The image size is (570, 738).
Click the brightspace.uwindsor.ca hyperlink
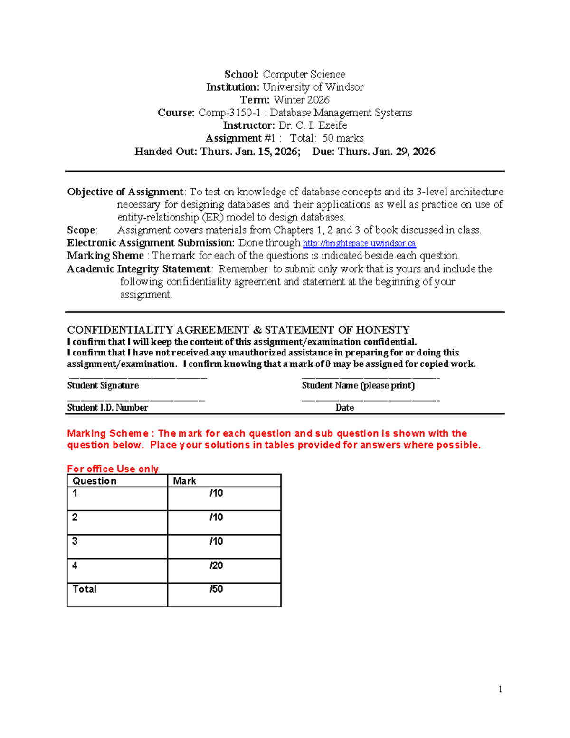pyautogui.click(x=359, y=243)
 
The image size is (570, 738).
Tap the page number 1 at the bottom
pyautogui.click(x=500, y=689)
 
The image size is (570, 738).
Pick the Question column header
pyautogui.click(x=95, y=481)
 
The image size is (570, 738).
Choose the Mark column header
pyautogui.click(x=184, y=481)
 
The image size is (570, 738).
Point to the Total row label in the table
pyautogui.click(x=85, y=589)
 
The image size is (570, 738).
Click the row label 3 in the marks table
pyautogui.click(x=75, y=541)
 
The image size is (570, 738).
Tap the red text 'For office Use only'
pyautogui.click(x=113, y=469)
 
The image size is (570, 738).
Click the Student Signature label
pyautogui.click(x=103, y=385)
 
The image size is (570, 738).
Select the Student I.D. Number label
pyautogui.click(x=107, y=407)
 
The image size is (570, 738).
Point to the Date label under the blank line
pyautogui.click(x=344, y=407)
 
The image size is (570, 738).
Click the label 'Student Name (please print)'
pyautogui.click(x=358, y=385)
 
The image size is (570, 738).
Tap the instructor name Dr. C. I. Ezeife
pyautogui.click(x=313, y=125)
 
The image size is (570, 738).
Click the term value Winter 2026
pyautogui.click(x=301, y=100)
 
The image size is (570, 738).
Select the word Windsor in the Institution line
pyautogui.click(x=344, y=87)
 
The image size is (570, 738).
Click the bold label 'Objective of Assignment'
pyautogui.click(x=125, y=192)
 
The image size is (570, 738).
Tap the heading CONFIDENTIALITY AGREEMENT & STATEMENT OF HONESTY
pyautogui.click(x=238, y=329)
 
